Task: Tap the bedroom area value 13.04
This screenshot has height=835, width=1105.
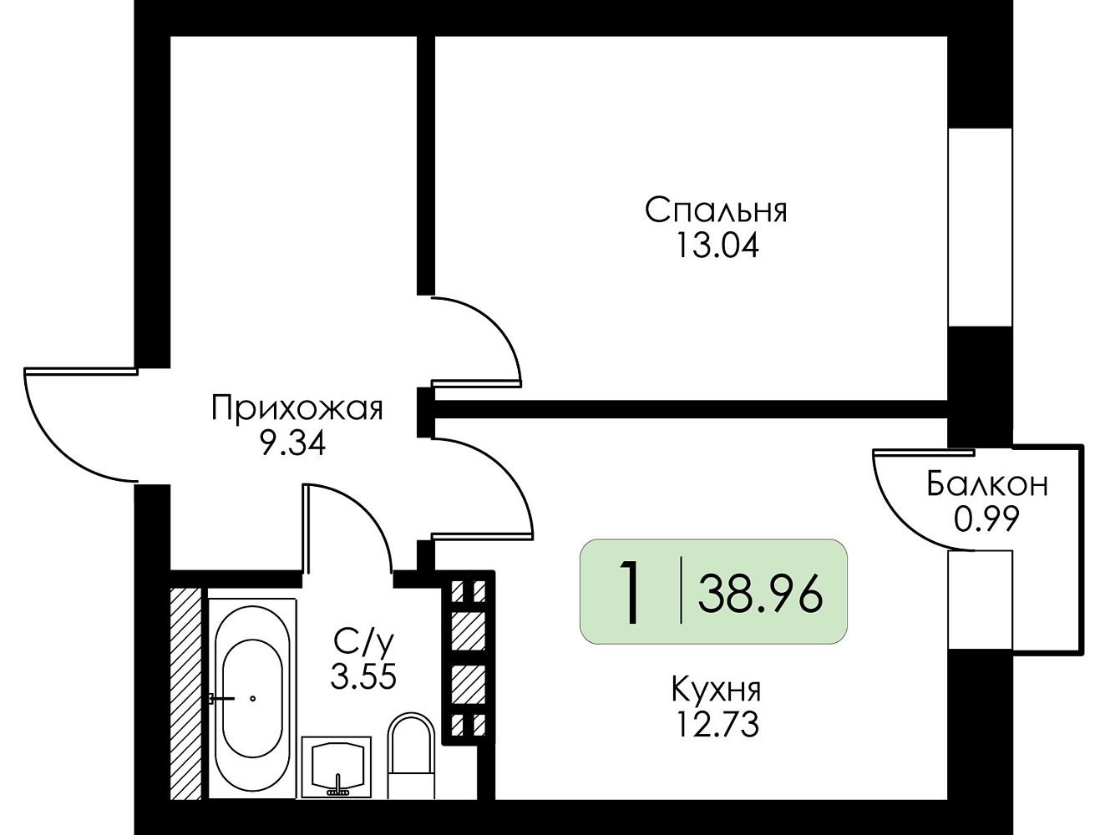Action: [717, 247]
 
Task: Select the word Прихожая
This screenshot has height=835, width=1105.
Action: [297, 408]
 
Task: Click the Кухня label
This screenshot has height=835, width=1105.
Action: [717, 689]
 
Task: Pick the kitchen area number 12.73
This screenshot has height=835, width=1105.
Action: [717, 725]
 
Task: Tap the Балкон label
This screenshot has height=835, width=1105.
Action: [987, 484]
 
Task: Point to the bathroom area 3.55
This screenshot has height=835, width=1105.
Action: [363, 676]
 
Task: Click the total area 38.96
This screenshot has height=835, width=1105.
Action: [760, 595]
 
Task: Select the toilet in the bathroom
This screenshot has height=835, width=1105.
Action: [411, 755]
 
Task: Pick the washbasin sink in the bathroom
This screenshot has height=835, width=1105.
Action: [337, 768]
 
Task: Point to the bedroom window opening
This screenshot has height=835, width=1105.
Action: [980, 227]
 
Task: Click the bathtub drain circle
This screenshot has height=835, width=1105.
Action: [253, 698]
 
